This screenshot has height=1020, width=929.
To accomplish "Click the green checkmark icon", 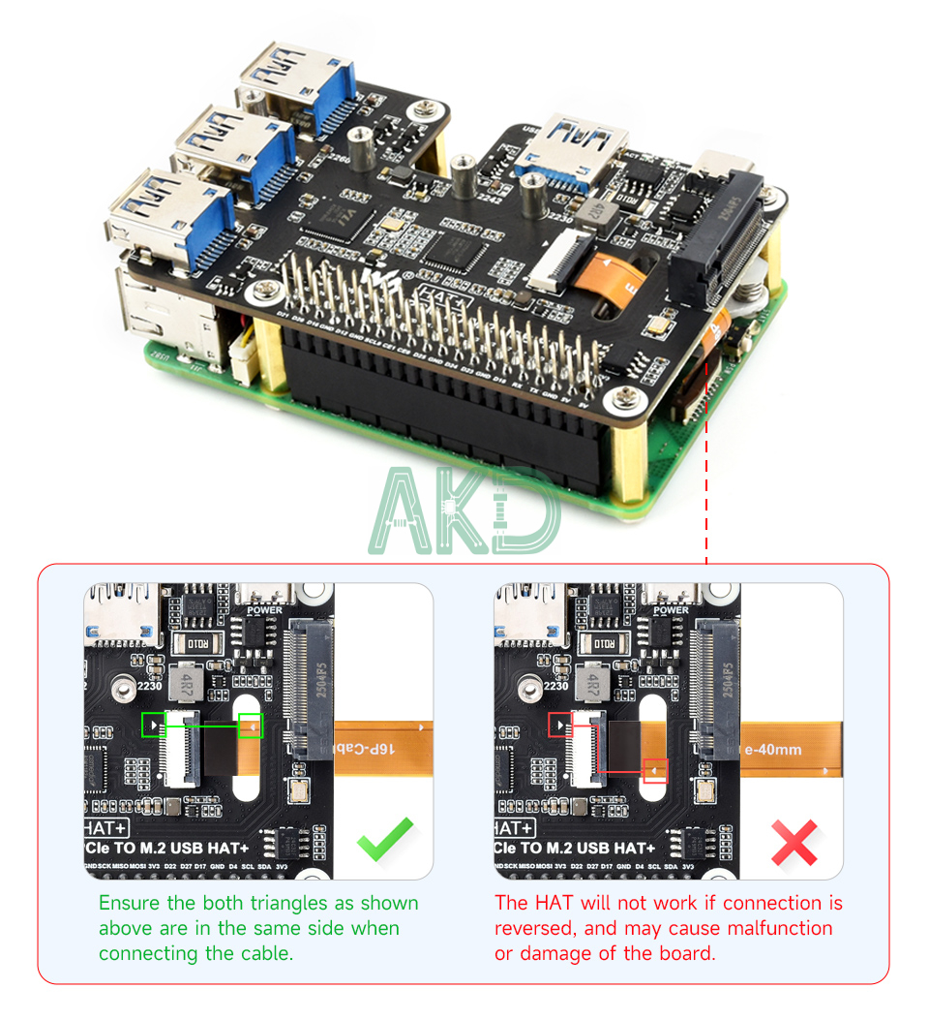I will point(385,839).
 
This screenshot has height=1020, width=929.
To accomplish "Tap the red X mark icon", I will point(794,842).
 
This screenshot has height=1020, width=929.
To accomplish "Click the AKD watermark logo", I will point(464,510).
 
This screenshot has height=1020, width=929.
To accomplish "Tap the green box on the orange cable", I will point(251,726).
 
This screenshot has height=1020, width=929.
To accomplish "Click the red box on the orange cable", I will point(655,770).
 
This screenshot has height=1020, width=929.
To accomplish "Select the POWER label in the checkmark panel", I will point(264,610).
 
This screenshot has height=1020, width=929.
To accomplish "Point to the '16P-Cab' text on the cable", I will point(366,750).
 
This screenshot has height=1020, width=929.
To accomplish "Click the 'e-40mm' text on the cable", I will point(771,750).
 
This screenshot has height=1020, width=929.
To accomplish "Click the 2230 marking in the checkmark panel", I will point(148,686).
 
